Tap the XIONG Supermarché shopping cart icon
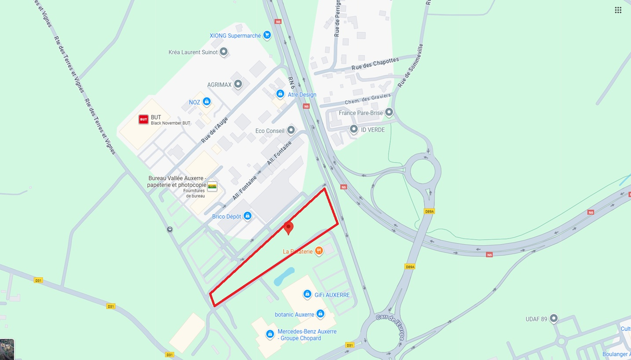click(267, 36)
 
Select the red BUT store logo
click(143, 119)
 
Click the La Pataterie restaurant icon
click(319, 251)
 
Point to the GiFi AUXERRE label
click(332, 295)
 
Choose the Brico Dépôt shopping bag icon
click(247, 216)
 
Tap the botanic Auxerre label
click(294, 315)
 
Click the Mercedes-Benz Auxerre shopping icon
click(270, 334)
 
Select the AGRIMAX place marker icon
click(238, 84)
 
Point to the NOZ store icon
click(206, 102)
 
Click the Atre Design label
click(302, 95)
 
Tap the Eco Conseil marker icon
click(291, 131)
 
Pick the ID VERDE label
click(373, 130)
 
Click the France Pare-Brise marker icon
click(389, 113)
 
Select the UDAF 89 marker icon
click(554, 318)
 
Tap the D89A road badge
click(429, 211)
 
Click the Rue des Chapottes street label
click(375, 65)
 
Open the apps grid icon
click(618, 10)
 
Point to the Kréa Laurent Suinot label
click(193, 52)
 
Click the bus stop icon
click(170, 229)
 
